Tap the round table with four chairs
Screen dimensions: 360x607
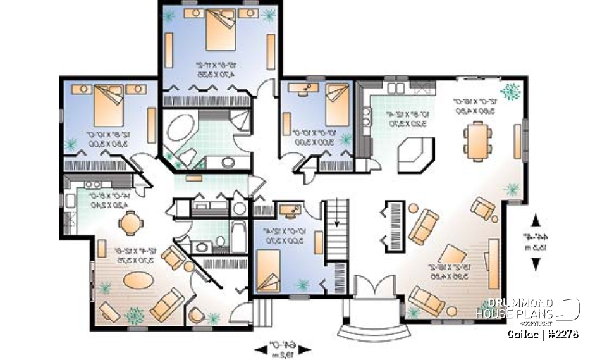(x=130, y=223)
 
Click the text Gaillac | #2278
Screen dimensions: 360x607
(x=543, y=333)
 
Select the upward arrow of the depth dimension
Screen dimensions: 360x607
(x=536, y=220)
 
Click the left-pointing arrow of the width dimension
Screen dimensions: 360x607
(x=259, y=347)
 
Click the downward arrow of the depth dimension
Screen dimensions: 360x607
(x=536, y=264)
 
